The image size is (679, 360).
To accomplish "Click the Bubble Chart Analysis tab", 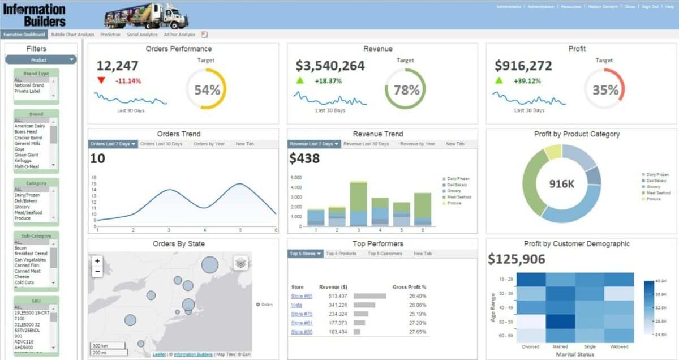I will point(72,35).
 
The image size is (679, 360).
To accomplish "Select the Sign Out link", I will point(650,7).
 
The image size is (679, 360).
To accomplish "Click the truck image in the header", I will point(146,15).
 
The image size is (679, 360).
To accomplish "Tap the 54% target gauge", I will point(206,89).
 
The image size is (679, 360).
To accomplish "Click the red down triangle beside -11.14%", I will point(101,80).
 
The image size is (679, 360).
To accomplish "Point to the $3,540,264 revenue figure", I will point(330,66).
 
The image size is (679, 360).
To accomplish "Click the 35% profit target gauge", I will point(604,89).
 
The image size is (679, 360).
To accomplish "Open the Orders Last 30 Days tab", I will point(161,144).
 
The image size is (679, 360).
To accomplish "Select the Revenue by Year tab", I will point(418,144).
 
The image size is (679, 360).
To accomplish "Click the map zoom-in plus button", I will point(97,261).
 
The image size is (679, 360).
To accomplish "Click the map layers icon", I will point(240,263).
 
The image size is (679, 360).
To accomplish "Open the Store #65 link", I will point(302,296).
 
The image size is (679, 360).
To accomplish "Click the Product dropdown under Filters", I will point(41,60).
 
